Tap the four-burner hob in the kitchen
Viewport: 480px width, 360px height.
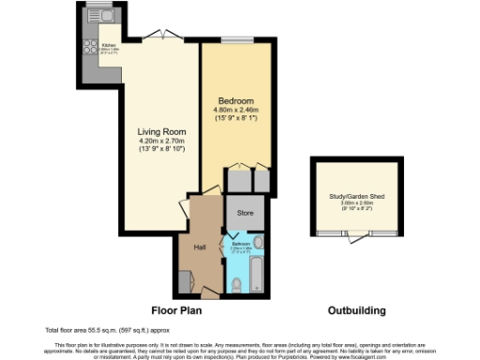92,47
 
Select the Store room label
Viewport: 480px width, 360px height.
245,214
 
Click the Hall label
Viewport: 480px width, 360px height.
200,247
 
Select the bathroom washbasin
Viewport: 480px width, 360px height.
259,243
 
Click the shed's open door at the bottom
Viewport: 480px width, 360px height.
354,236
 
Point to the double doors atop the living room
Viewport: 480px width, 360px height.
164,35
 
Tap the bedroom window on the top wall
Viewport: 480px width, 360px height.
234,39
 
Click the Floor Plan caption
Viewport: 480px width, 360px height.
177,310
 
